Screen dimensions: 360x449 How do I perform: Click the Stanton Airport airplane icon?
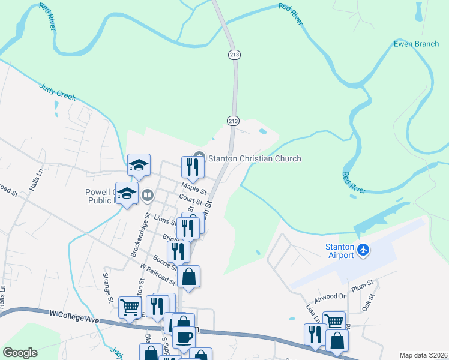point(363,249)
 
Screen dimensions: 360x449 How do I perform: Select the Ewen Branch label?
point(416,44)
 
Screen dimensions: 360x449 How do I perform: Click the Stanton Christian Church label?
point(254,158)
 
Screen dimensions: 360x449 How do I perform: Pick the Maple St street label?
point(194,188)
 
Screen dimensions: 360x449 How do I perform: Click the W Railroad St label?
point(158,273)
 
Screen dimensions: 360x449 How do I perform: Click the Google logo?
point(20,353)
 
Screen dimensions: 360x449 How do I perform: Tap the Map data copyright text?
point(423,355)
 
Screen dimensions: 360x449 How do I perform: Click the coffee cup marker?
point(184,337)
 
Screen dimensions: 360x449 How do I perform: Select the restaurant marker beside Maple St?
point(193,167)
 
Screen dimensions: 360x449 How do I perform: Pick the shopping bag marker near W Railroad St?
point(188,277)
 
